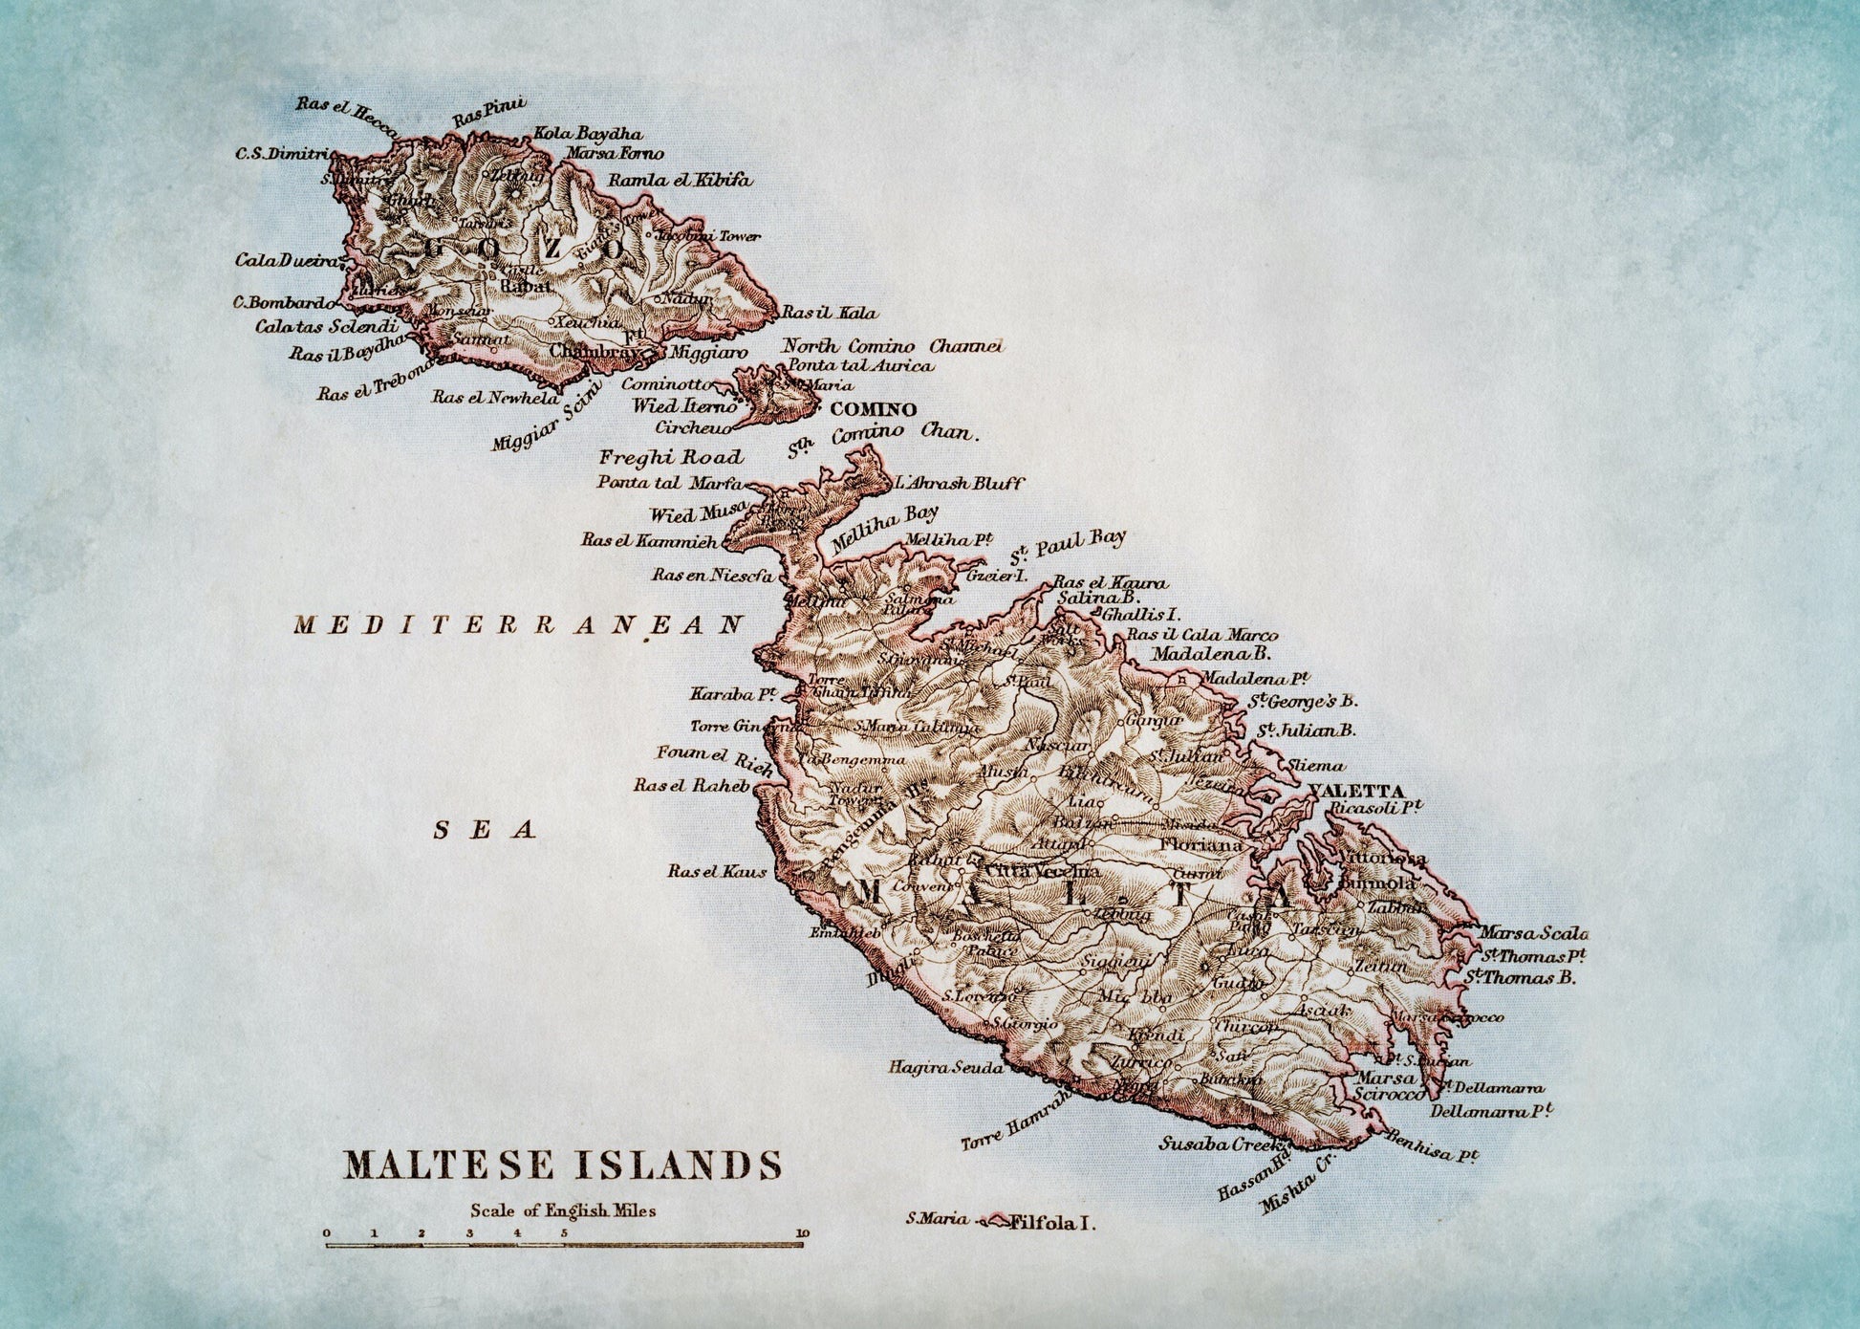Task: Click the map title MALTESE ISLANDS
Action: [x=562, y=1165]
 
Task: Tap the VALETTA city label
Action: [x=1358, y=792]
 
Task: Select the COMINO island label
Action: [x=874, y=409]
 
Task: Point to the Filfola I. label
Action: [x=1051, y=1221]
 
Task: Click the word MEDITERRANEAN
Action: [x=517, y=625]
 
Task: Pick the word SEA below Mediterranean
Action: [x=485, y=829]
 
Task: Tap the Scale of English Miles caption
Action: [x=562, y=1210]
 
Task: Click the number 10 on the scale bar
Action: [x=801, y=1233]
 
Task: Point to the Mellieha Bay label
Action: [x=884, y=530]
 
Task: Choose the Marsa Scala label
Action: [x=1533, y=933]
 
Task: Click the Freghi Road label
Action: [x=670, y=457]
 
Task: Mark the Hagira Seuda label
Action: [x=944, y=1067]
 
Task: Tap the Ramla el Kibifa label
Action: [x=680, y=179]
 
